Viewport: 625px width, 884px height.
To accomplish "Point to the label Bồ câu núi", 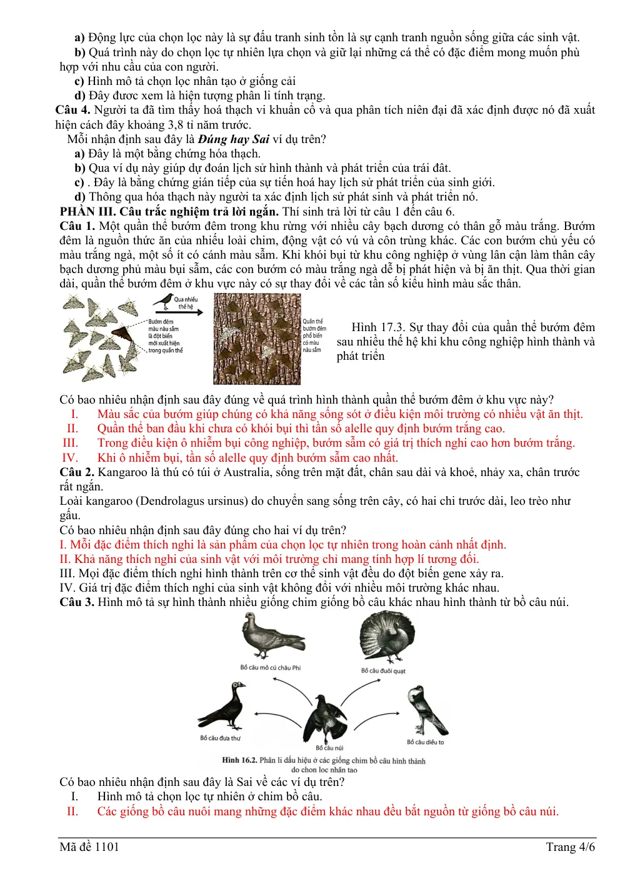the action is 329,747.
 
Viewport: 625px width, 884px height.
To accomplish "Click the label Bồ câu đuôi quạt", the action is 383,670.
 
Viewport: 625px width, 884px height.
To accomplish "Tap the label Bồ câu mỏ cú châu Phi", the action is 271,667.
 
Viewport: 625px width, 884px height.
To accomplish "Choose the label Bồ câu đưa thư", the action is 220,738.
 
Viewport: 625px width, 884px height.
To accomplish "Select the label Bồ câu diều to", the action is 425,742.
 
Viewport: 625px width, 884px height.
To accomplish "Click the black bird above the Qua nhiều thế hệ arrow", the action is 164,302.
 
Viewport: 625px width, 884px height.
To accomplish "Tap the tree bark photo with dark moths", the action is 257,339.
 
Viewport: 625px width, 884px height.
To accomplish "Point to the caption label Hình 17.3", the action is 378,327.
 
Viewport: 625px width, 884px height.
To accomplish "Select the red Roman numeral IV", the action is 70,458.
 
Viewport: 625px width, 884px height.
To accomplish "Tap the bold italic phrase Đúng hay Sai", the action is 234,139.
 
